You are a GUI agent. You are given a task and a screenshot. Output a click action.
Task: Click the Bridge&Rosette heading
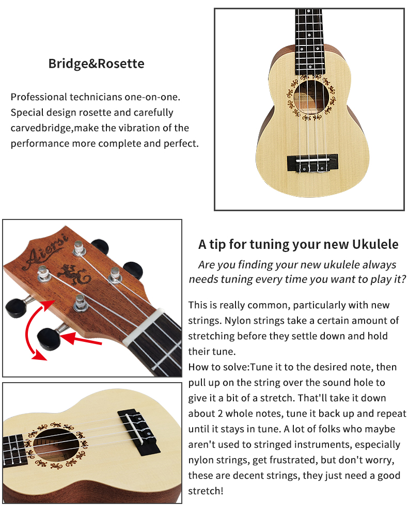(96, 64)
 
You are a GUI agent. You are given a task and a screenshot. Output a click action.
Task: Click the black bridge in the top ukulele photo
(312, 163)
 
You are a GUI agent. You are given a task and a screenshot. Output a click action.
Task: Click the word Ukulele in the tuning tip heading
(375, 244)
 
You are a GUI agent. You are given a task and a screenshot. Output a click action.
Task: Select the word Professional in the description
(39, 97)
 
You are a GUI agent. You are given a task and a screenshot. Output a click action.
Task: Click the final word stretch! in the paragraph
(206, 491)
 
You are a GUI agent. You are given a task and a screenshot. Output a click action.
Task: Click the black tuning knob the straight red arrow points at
(48, 339)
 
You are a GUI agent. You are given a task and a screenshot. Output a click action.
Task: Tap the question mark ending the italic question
(403, 279)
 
